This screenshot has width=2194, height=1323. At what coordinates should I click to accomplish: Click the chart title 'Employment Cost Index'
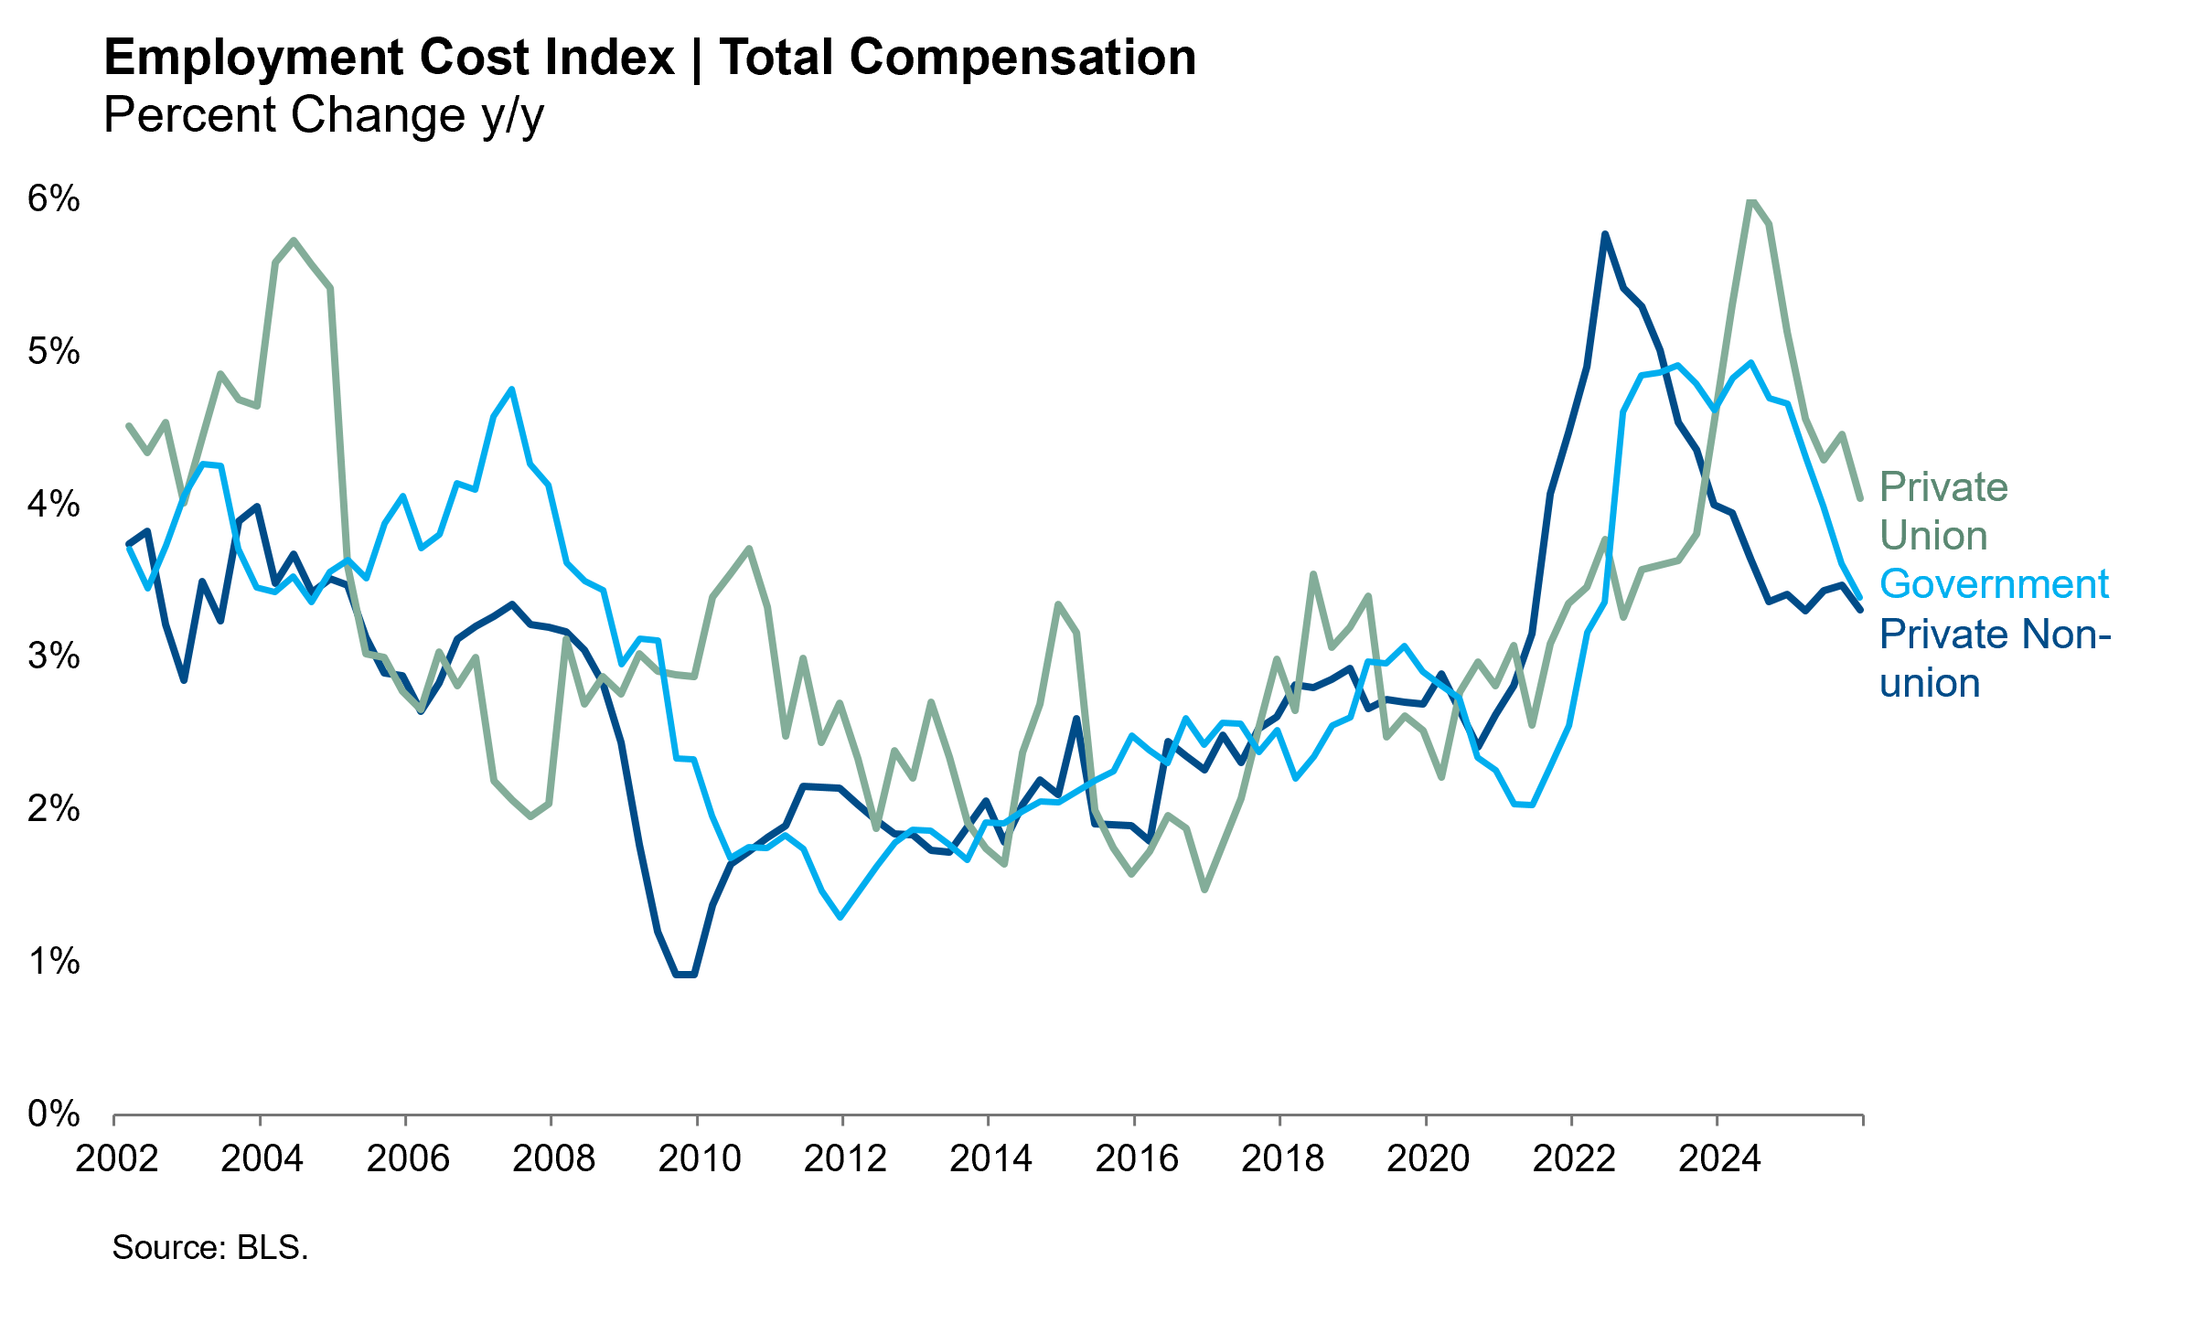(389, 58)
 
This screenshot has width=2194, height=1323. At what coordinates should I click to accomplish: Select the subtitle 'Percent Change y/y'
(323, 116)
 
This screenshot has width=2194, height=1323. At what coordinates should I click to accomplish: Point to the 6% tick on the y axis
(53, 198)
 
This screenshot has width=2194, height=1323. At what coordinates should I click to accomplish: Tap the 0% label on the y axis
(53, 1114)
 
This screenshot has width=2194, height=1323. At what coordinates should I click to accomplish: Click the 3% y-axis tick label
(53, 656)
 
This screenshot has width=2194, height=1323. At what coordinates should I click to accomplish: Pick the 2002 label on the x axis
(116, 1158)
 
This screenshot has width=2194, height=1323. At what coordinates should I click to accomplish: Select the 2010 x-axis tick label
(700, 1158)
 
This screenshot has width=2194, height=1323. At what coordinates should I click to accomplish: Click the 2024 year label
(1719, 1158)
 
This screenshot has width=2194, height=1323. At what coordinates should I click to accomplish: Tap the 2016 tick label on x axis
(1137, 1158)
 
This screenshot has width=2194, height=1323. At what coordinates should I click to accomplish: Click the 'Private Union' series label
(1942, 511)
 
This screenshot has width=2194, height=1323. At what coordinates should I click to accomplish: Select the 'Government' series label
(1994, 584)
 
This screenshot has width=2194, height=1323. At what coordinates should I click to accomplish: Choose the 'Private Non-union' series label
(1994, 658)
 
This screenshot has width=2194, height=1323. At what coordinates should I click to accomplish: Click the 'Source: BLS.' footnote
(210, 1247)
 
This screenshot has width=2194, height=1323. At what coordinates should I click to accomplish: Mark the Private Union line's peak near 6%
(1750, 200)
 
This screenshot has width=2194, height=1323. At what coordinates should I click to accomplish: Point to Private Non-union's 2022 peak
(1605, 235)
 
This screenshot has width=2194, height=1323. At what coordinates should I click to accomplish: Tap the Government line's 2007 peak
(512, 389)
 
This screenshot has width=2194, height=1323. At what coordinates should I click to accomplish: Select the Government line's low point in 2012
(840, 916)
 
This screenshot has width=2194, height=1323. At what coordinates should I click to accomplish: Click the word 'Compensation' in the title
(1022, 58)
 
